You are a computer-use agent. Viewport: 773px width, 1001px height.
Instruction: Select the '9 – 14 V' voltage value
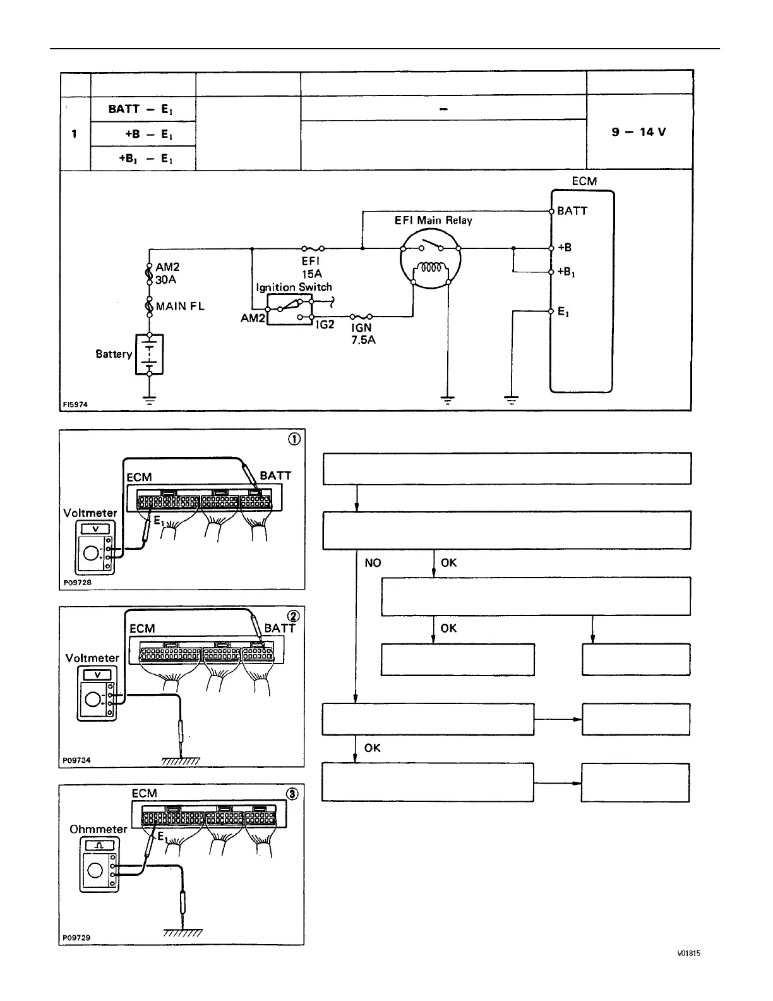(638, 132)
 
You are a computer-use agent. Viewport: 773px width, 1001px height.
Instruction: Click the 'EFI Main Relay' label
(433, 221)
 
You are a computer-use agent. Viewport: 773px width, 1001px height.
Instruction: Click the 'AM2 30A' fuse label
(167, 273)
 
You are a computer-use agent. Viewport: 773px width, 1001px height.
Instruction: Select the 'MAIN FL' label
(180, 306)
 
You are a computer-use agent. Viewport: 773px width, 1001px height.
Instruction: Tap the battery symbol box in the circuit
(150, 354)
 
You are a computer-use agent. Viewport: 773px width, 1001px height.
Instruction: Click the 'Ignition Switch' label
(294, 287)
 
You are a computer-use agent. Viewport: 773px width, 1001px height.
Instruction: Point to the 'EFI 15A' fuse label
(312, 267)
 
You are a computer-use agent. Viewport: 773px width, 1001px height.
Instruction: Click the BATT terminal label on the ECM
(572, 211)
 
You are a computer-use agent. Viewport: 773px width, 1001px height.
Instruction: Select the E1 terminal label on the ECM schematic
(563, 312)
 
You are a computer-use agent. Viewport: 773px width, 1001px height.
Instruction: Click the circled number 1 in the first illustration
(294, 440)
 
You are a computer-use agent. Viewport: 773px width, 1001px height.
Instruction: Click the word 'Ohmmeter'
(98, 829)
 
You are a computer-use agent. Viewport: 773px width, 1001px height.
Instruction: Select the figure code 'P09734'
(76, 761)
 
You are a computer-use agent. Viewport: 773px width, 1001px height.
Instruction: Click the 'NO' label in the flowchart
(373, 562)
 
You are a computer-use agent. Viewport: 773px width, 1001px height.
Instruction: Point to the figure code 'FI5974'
(75, 404)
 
